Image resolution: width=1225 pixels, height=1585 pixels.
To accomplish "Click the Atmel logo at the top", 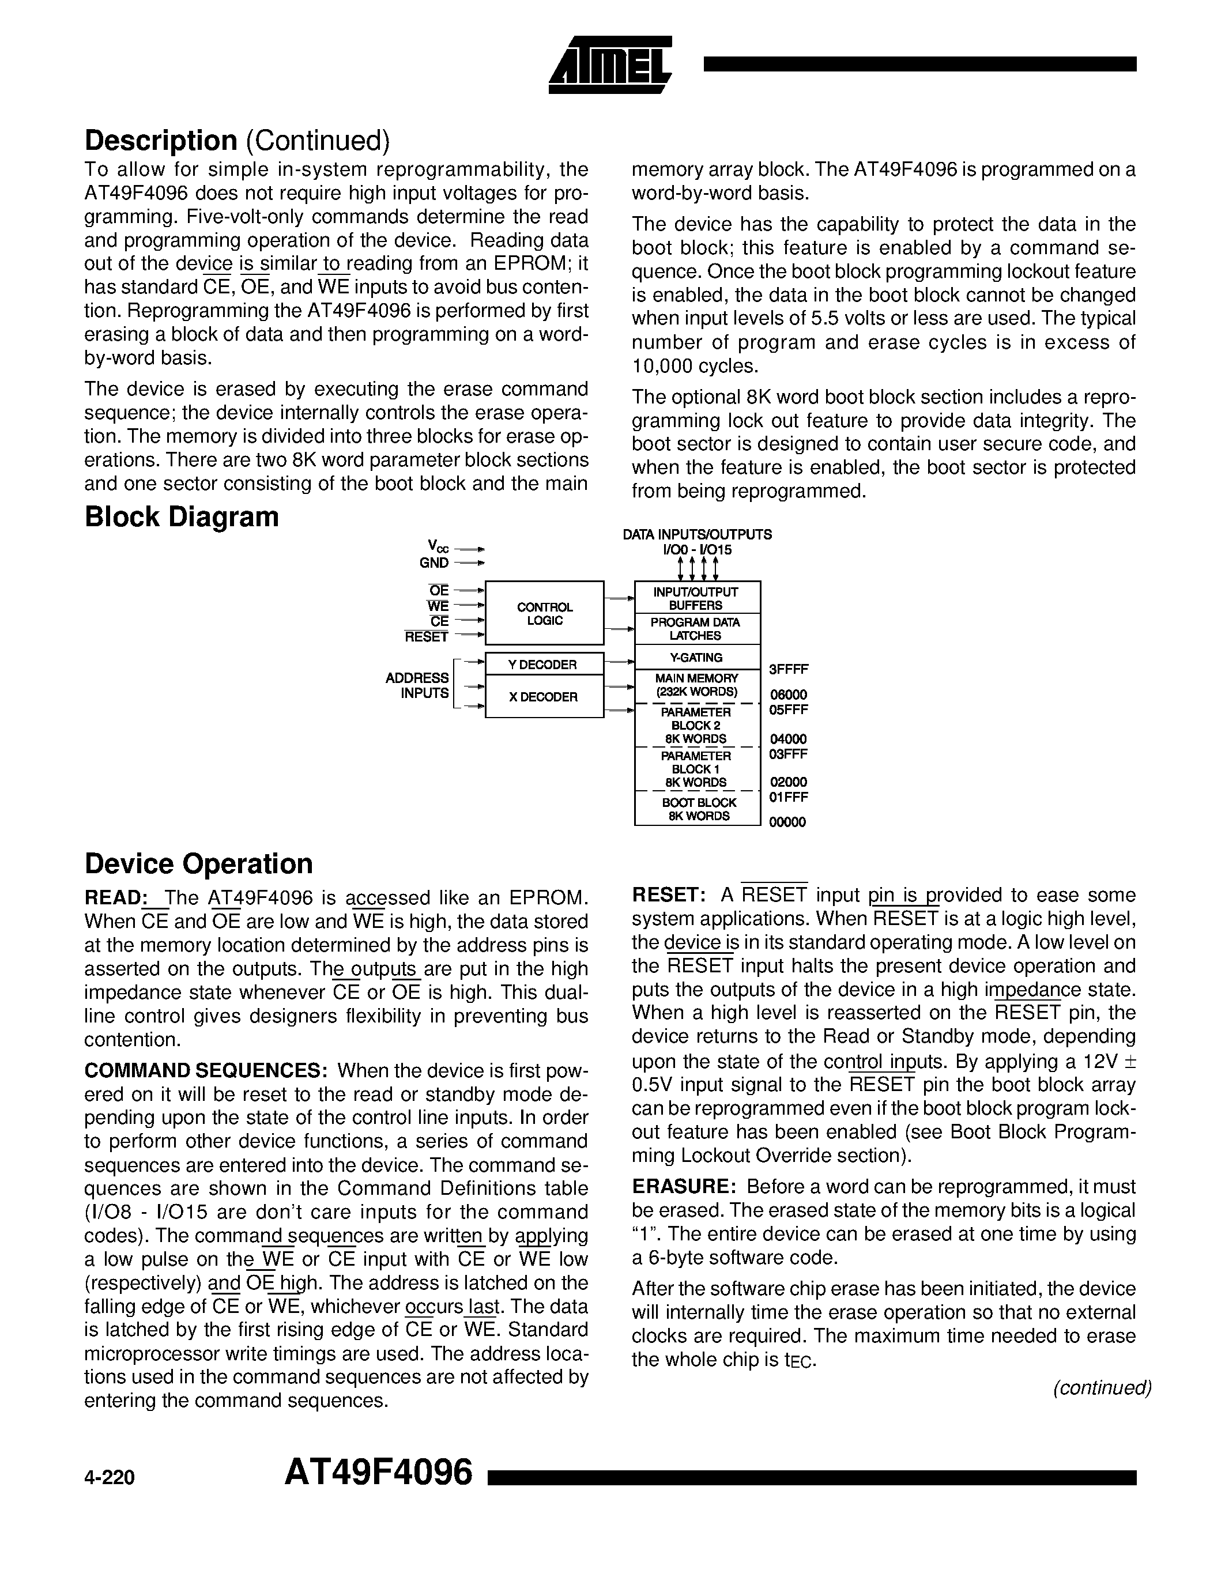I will click(x=610, y=65).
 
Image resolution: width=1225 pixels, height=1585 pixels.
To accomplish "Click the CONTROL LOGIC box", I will click(x=544, y=613).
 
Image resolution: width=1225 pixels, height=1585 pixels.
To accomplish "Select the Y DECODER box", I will click(x=544, y=664).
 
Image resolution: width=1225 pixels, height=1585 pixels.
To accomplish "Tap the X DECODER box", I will click(x=544, y=697).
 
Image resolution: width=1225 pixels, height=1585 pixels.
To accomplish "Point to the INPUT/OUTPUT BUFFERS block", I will click(x=697, y=598).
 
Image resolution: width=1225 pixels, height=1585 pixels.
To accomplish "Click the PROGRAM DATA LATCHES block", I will click(x=697, y=628).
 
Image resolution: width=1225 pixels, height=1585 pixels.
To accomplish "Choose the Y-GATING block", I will click(x=697, y=658).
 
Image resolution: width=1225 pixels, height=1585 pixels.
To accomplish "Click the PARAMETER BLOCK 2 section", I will click(x=697, y=725).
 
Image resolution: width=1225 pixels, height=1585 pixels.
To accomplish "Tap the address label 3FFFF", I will click(x=789, y=669).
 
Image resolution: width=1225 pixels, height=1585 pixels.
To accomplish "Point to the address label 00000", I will click(x=788, y=822).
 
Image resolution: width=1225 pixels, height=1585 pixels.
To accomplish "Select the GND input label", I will click(x=434, y=563).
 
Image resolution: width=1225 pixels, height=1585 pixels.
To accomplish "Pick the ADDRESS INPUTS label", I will click(x=417, y=685).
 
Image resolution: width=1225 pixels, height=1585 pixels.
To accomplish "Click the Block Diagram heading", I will click(x=182, y=517).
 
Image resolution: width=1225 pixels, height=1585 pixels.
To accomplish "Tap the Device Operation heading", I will click(x=199, y=863).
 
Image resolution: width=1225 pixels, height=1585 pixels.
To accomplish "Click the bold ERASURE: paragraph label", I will click(x=684, y=1187).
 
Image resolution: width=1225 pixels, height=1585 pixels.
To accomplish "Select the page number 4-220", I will click(x=110, y=1478).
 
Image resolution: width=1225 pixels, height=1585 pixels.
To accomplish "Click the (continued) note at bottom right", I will click(x=1102, y=1388).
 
